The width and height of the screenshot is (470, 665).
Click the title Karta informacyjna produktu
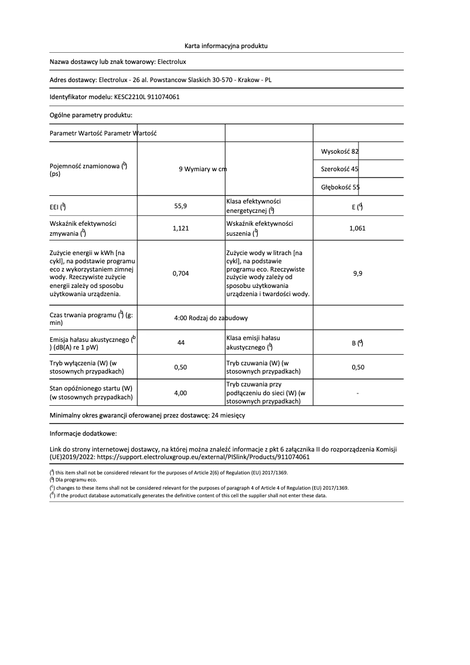[x=226, y=45]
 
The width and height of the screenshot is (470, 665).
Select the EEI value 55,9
[x=180, y=206]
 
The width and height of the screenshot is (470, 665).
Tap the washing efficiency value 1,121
[x=180, y=229]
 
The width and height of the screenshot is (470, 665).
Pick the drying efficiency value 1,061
[x=357, y=229]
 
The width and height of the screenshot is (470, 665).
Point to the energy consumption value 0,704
[x=180, y=273]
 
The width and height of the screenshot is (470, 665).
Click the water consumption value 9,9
[x=357, y=273]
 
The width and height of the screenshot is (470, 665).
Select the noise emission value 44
[x=180, y=343]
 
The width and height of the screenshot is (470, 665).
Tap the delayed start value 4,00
[x=180, y=393]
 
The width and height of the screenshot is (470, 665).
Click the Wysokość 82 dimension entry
[x=340, y=152]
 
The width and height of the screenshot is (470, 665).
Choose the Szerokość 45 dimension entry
[x=340, y=169]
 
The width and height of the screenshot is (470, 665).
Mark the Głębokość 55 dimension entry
[x=340, y=187]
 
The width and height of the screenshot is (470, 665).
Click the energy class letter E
[x=353, y=207]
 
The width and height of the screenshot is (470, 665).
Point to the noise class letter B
[x=353, y=344]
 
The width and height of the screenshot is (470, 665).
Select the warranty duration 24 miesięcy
[x=228, y=415]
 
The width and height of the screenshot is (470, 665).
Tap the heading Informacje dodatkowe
[x=83, y=434]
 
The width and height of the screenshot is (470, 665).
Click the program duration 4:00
[x=181, y=318]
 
